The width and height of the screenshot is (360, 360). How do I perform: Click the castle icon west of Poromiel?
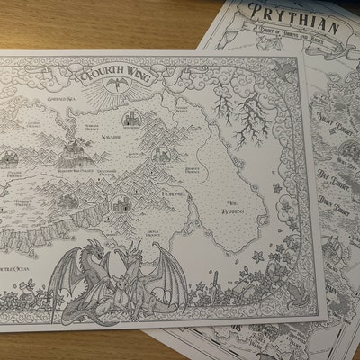[117, 199]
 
